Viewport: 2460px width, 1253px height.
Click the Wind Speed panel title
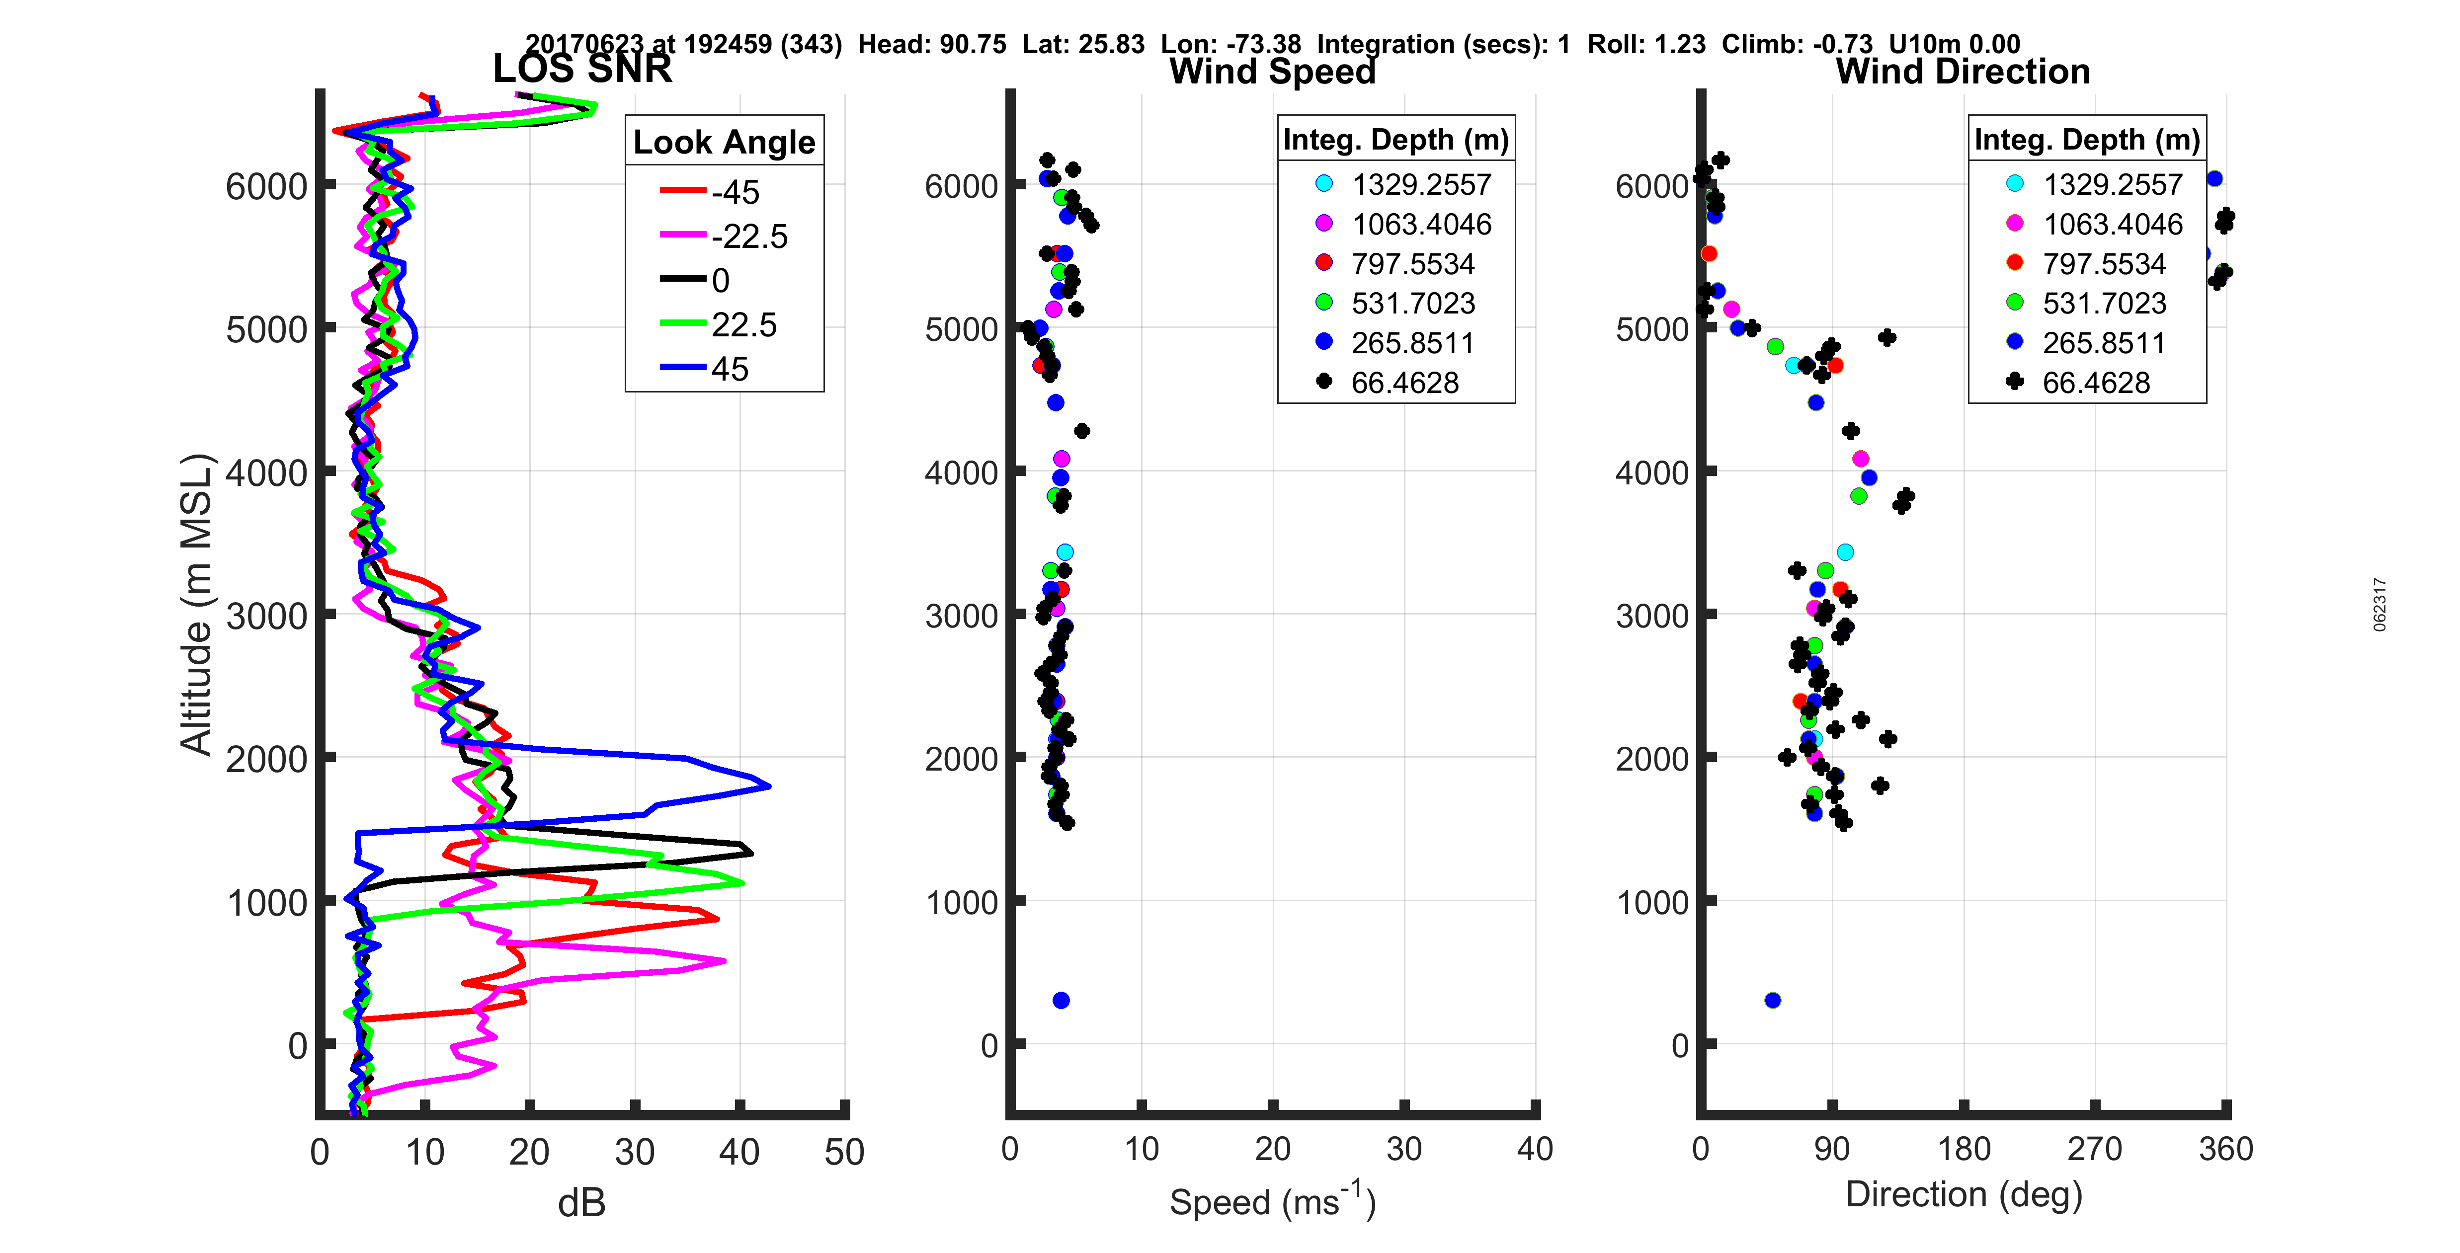click(1272, 72)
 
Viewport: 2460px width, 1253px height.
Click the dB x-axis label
click(581, 1203)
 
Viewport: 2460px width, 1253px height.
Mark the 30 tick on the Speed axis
click(1404, 1149)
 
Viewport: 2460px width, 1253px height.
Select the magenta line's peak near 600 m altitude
click(724, 961)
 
